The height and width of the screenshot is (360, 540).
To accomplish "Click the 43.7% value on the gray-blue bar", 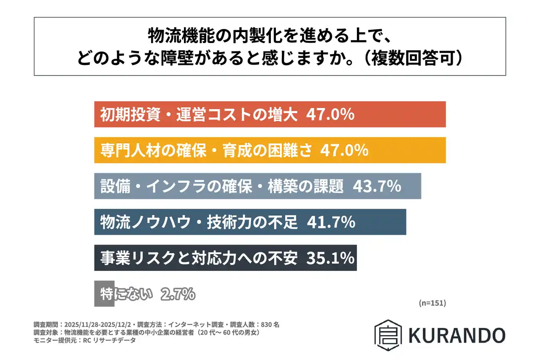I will click(376, 187).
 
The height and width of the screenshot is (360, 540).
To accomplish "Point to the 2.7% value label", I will click(178, 294).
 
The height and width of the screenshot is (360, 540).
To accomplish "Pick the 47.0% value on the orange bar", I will click(345, 150).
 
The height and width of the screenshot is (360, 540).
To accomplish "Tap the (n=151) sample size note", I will click(432, 303).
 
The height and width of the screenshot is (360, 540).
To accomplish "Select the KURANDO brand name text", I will click(456, 335).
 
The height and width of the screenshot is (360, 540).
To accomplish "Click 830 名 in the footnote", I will click(270, 325).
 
